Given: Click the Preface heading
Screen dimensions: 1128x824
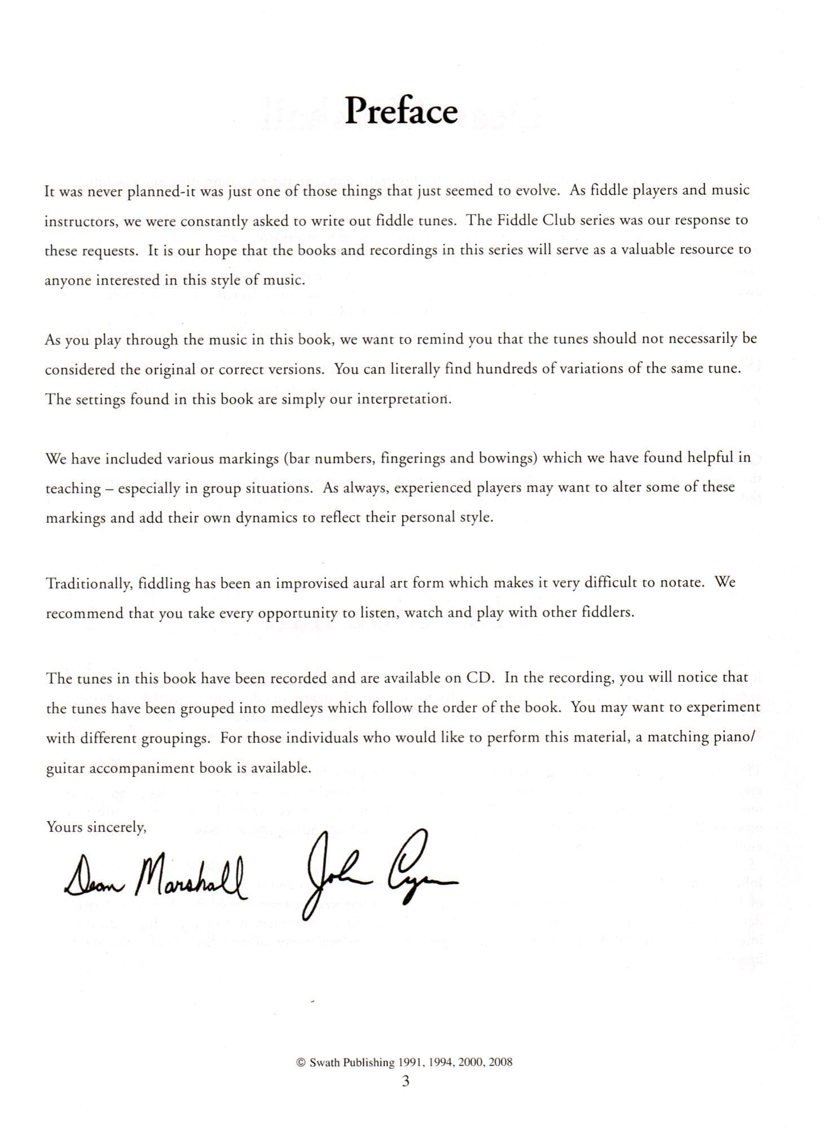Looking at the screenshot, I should [x=400, y=111].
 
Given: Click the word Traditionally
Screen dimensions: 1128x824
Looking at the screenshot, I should [x=89, y=583].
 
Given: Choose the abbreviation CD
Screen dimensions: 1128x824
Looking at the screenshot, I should [x=479, y=678].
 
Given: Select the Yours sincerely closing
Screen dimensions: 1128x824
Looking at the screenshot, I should [x=96, y=827].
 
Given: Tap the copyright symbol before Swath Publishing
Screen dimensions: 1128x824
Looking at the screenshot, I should [x=300, y=1063].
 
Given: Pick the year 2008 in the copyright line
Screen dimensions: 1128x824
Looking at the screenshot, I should [x=500, y=1063].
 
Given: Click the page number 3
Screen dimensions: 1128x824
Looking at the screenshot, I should [x=405, y=1081].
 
